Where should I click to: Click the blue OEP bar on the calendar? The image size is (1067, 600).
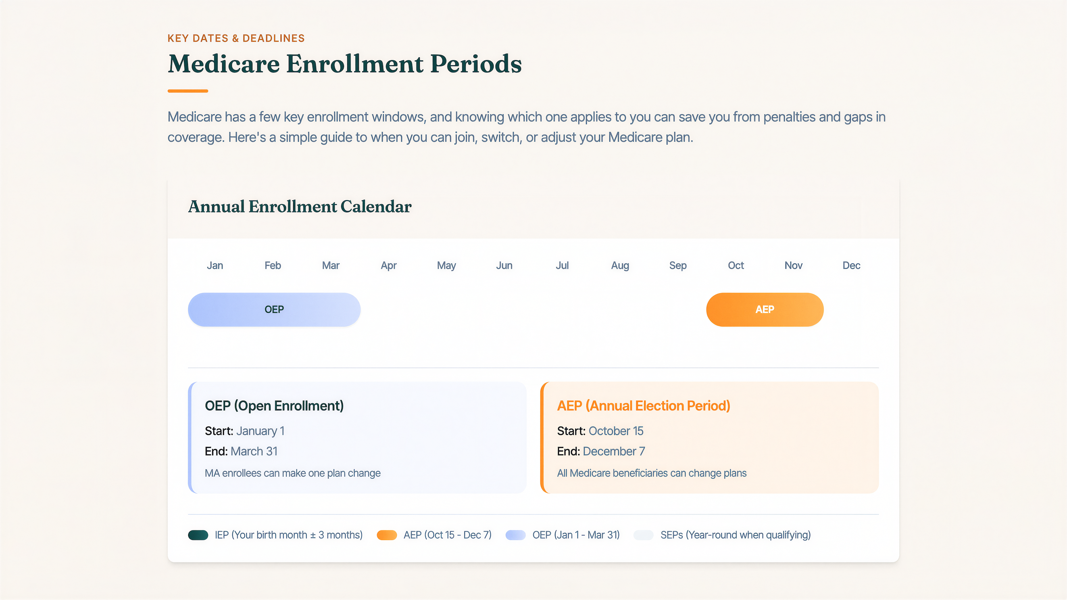pos(274,309)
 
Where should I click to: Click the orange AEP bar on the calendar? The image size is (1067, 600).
pos(765,309)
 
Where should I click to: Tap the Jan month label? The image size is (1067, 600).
pos(215,265)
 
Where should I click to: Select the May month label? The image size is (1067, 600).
pos(446,265)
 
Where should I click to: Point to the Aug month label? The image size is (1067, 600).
pos(620,265)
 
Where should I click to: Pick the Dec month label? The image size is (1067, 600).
pos(851,265)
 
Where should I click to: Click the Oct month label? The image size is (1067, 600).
pos(736,265)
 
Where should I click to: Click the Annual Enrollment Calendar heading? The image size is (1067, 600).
pos(300,206)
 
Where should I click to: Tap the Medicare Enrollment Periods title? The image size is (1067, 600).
pos(344,64)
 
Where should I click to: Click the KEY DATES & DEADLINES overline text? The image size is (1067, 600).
pos(235,38)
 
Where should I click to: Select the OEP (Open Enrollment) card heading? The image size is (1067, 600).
pos(274,406)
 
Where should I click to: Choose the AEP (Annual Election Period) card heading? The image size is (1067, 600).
pos(643,406)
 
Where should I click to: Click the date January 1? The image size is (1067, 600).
pos(260,431)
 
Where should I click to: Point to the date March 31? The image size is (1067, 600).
pos(254,451)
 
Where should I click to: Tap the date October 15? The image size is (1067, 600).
pos(615,431)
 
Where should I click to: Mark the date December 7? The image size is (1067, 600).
pos(613,451)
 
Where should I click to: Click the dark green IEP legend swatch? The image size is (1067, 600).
pos(198,535)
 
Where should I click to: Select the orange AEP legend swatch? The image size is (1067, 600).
pos(386,535)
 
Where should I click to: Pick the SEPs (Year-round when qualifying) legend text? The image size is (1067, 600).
pos(735,535)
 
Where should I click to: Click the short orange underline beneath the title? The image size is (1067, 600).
pos(188,91)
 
